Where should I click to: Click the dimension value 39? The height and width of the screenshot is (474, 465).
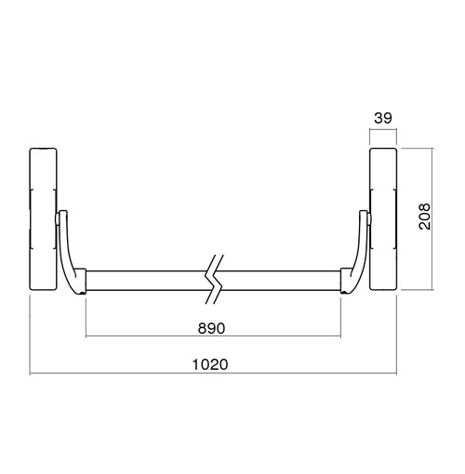coord(383,118)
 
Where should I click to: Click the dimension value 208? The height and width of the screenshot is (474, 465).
coord(424,217)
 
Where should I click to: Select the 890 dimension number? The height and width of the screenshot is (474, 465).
coord(211,328)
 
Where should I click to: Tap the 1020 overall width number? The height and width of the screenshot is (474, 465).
coord(210,364)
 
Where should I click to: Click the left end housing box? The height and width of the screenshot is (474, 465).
coord(43,219)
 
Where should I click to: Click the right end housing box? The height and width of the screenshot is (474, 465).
coord(383,219)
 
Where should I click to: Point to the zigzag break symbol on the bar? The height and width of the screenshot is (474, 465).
coord(214,280)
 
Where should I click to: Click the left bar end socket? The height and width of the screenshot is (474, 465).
coord(81,281)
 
